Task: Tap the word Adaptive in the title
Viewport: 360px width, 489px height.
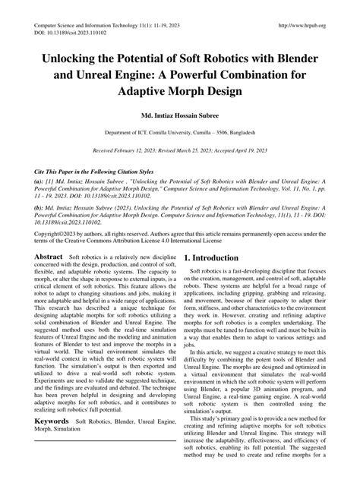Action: point(151,91)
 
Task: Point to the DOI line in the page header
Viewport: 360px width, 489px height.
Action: point(69,33)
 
